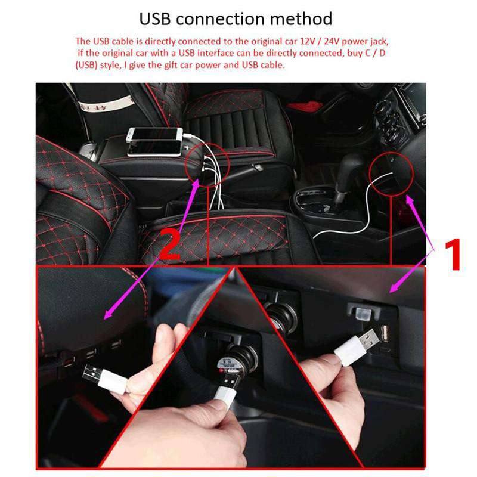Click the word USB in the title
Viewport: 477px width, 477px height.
point(157,18)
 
